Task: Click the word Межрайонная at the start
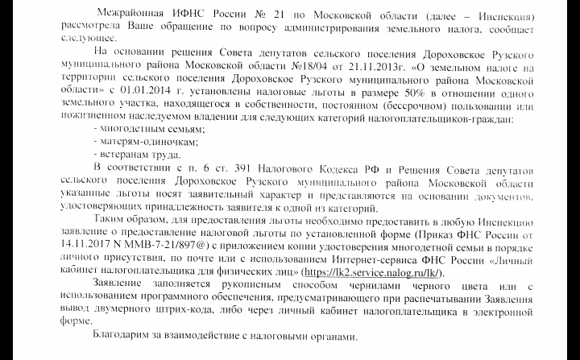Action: [x=129, y=15]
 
